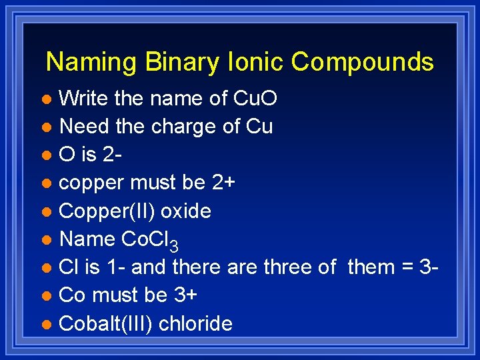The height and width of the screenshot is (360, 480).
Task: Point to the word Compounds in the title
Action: [362, 62]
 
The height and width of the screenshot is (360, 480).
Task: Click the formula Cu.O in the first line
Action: [255, 99]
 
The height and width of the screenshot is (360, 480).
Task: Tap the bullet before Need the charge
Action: [46, 127]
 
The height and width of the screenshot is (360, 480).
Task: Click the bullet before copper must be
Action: [46, 183]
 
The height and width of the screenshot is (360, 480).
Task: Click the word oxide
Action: [186, 211]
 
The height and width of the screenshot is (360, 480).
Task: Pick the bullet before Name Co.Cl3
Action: [46, 240]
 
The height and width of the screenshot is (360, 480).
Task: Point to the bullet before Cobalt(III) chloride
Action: [46, 325]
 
